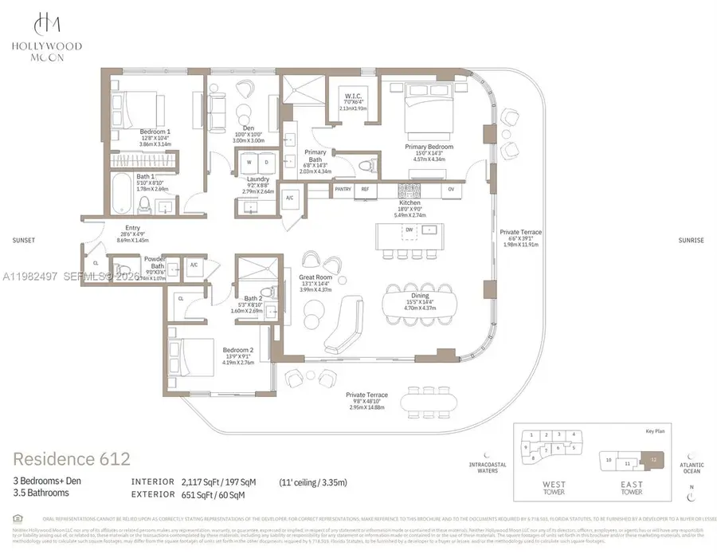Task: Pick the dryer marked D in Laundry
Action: (x=267, y=163)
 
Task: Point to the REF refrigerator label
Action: (x=366, y=190)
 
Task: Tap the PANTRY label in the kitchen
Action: (x=343, y=190)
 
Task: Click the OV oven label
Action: (x=450, y=190)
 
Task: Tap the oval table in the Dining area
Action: (x=417, y=301)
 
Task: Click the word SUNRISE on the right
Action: (x=692, y=238)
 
